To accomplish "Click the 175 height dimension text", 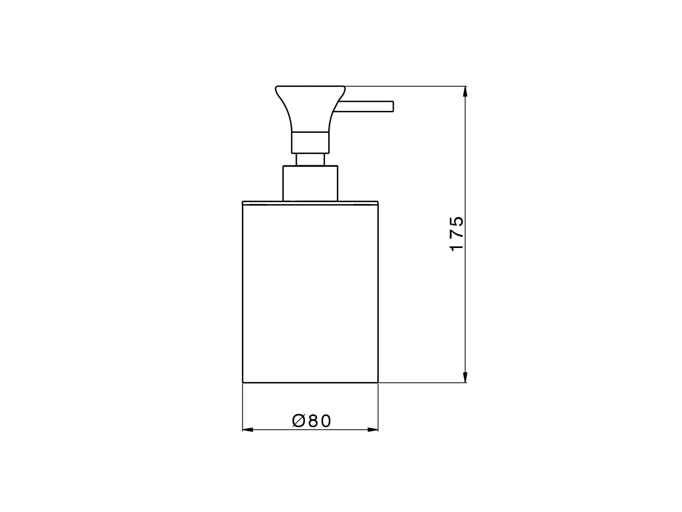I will pyautogui.click(x=457, y=234).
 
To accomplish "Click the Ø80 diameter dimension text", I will pyautogui.click(x=312, y=421).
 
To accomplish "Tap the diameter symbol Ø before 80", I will pyautogui.click(x=299, y=421).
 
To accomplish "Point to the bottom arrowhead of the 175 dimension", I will pyautogui.click(x=465, y=377).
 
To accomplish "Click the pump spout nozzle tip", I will pyautogui.click(x=391, y=106).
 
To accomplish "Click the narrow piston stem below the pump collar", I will pyautogui.click(x=310, y=159).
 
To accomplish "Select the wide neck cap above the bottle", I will pyautogui.click(x=310, y=183).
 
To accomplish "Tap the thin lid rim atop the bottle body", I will pyautogui.click(x=310, y=203).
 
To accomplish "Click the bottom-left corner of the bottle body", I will pyautogui.click(x=243, y=382).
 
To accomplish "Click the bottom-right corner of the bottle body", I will pyautogui.click(x=378, y=382).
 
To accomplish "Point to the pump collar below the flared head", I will pyautogui.click(x=310, y=142).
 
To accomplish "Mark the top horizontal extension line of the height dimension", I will pyautogui.click(x=405, y=86).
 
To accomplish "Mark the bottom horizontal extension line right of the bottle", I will pyautogui.click(x=421, y=382).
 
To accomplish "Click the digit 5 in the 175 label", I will pyautogui.click(x=457, y=221).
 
